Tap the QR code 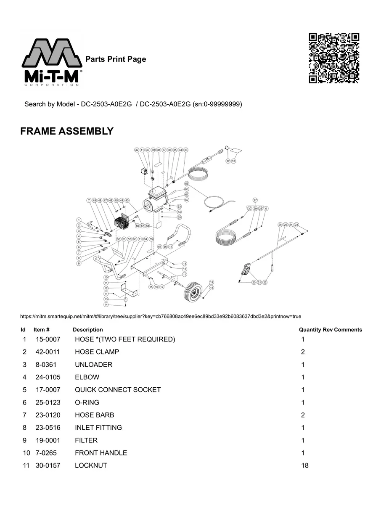tap(334, 58)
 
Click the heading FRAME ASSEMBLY tap(67, 131)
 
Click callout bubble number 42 tap(137, 150)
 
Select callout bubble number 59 tap(187, 184)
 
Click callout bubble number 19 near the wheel tap(212, 282)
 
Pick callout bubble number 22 tap(265, 282)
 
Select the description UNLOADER tap(93, 365)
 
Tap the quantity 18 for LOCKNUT tap(305, 466)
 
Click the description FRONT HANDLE tap(101, 453)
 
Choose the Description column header tap(87, 330)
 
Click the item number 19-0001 tap(48, 440)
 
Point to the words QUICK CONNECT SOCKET tap(118, 390)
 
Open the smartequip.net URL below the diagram tap(161, 316)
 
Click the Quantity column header tap(310, 330)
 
